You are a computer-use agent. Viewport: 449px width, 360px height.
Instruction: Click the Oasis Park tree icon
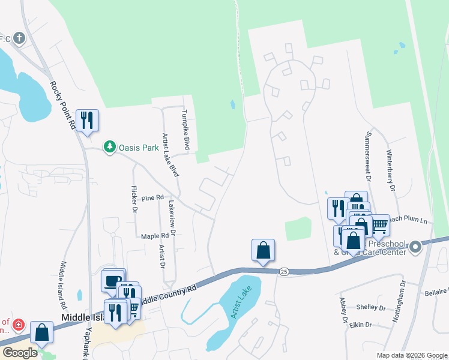[109, 146]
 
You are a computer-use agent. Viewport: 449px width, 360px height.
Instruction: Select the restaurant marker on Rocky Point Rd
[88, 120]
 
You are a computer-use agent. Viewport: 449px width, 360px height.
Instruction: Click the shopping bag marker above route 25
[263, 250]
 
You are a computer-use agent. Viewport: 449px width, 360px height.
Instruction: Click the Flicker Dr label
[134, 199]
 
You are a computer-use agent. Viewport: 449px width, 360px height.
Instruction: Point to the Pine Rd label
[153, 197]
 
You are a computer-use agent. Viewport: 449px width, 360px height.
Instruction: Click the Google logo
[20, 353]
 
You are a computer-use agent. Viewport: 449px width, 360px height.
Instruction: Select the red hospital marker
[18, 325]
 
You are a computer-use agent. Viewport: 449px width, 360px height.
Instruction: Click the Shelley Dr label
[370, 307]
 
